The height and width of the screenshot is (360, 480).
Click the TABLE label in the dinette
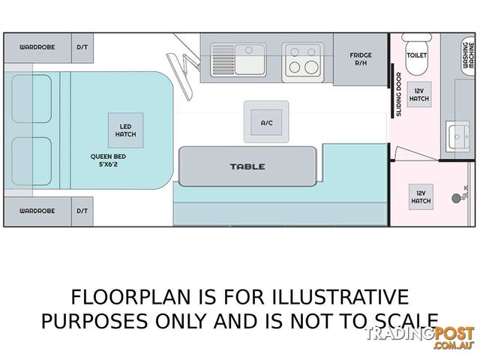(x=247, y=166)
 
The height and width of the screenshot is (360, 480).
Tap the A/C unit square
(x=266, y=121)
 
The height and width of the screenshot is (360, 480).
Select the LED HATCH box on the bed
(x=125, y=130)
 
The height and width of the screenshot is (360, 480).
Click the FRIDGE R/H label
(x=361, y=59)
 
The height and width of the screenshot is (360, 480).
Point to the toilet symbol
(x=416, y=54)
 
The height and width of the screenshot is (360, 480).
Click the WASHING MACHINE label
(x=468, y=55)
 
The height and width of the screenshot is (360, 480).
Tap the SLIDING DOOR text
(x=398, y=94)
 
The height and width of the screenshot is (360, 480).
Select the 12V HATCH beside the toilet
(x=419, y=94)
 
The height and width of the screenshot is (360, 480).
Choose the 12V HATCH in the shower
(x=421, y=196)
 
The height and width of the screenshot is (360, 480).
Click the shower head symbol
(x=457, y=198)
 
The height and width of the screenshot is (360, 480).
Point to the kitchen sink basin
(x=250, y=59)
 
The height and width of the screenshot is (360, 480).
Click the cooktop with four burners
(x=303, y=62)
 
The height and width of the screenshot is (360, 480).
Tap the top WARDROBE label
(x=37, y=47)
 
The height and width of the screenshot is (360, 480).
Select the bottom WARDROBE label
(x=37, y=211)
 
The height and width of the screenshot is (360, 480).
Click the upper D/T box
(x=82, y=48)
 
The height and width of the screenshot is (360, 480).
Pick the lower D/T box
(x=82, y=211)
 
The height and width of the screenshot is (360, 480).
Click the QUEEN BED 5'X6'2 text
(x=108, y=160)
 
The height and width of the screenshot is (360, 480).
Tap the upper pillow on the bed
(x=31, y=98)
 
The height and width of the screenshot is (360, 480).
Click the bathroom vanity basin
(x=457, y=136)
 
